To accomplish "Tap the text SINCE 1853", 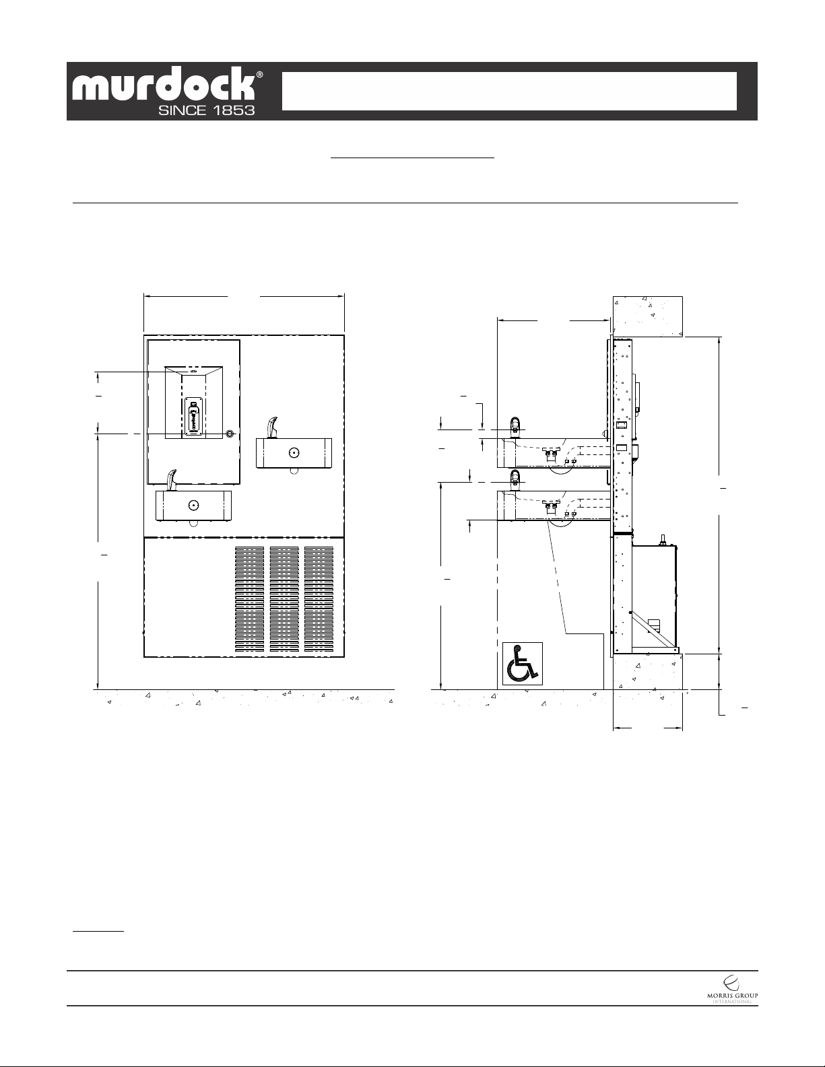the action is point(206,110).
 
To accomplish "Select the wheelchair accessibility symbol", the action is point(523,663).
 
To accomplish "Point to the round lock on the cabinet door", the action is point(230,434).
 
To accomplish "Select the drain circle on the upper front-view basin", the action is point(294,453).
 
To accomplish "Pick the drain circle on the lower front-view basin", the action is point(193,506).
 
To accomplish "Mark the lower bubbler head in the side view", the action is point(515,480).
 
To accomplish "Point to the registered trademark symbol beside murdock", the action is point(260,75).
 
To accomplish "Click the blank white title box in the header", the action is point(509,92).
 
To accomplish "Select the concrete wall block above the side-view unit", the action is point(648,316).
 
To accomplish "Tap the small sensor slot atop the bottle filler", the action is point(193,372).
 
